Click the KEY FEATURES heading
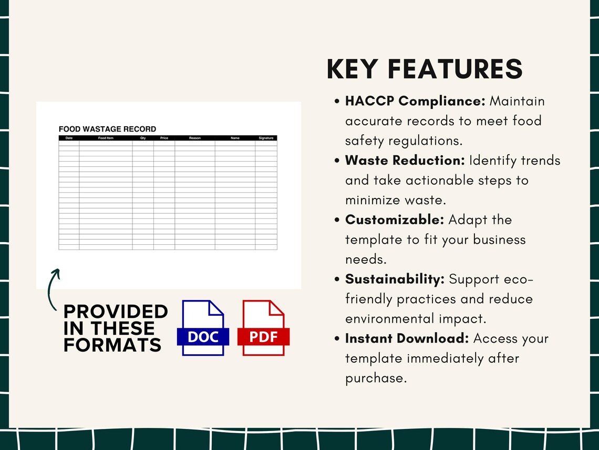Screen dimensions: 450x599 point(425,69)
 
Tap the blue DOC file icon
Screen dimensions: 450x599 point(203,327)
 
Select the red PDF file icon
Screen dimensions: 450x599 point(263,327)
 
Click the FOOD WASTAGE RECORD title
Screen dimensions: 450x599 point(107,129)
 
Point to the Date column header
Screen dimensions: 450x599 point(69,138)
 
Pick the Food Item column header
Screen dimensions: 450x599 point(106,138)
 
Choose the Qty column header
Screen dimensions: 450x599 point(143,138)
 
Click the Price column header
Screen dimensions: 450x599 point(164,138)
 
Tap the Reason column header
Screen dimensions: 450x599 point(195,138)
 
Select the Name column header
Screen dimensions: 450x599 point(235,138)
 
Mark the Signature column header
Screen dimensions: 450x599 point(266,138)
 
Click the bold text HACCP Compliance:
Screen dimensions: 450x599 point(415,101)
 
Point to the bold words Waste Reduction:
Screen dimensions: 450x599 point(405,161)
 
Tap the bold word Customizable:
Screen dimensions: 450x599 point(395,220)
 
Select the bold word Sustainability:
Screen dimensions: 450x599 point(395,279)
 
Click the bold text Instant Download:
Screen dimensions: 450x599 point(407,338)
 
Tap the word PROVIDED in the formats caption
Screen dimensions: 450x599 point(116,312)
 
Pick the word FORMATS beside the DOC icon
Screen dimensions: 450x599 point(112,345)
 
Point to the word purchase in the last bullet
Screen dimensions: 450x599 point(376,378)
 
